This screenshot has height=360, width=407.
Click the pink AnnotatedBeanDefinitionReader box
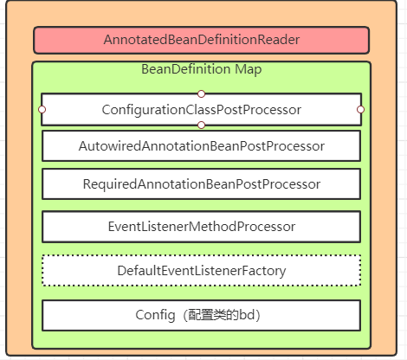click(201, 40)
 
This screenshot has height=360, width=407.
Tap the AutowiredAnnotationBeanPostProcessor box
click(201, 145)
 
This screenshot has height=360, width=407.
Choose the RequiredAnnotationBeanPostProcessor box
click(201, 184)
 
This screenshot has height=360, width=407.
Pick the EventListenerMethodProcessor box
click(201, 227)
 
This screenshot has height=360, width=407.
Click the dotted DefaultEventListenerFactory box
click(201, 271)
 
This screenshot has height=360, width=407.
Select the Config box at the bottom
click(201, 315)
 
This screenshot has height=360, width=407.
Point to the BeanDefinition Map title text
click(201, 69)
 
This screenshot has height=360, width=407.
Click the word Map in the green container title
click(246, 69)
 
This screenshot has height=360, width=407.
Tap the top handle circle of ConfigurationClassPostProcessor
click(201, 93)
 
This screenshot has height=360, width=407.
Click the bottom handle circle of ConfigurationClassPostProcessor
click(201, 125)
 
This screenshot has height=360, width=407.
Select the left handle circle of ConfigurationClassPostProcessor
click(42, 109)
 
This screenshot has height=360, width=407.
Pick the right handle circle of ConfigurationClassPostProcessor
click(360, 109)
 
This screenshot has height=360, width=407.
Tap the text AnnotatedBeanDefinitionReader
click(201, 40)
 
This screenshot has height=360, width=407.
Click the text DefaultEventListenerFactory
click(201, 271)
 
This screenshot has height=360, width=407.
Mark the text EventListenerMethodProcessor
click(201, 227)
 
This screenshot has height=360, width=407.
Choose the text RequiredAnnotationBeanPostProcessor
click(201, 184)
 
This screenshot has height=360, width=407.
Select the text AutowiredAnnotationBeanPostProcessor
click(201, 145)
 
